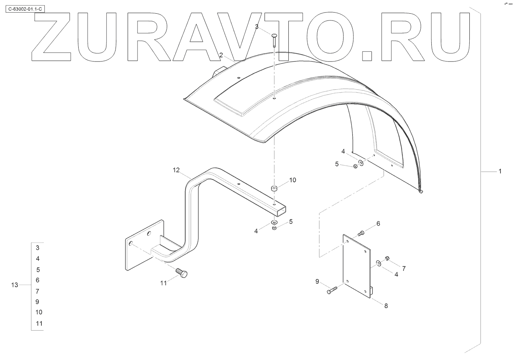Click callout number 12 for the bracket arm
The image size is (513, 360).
click(x=176, y=170)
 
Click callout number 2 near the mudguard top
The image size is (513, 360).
click(x=221, y=55)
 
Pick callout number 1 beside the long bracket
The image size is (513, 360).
click(x=500, y=171)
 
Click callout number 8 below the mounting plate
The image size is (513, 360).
click(x=386, y=306)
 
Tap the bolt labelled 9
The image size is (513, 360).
click(x=331, y=291)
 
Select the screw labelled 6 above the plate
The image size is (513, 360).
click(x=361, y=232)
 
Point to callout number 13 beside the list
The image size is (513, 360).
click(x=15, y=285)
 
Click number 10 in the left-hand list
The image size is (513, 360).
click(x=39, y=312)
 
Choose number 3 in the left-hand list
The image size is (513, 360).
click(x=38, y=248)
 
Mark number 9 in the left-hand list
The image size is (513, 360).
click(x=37, y=302)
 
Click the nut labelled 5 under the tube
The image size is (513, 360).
click(x=274, y=228)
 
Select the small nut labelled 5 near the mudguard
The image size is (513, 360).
click(x=355, y=166)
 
